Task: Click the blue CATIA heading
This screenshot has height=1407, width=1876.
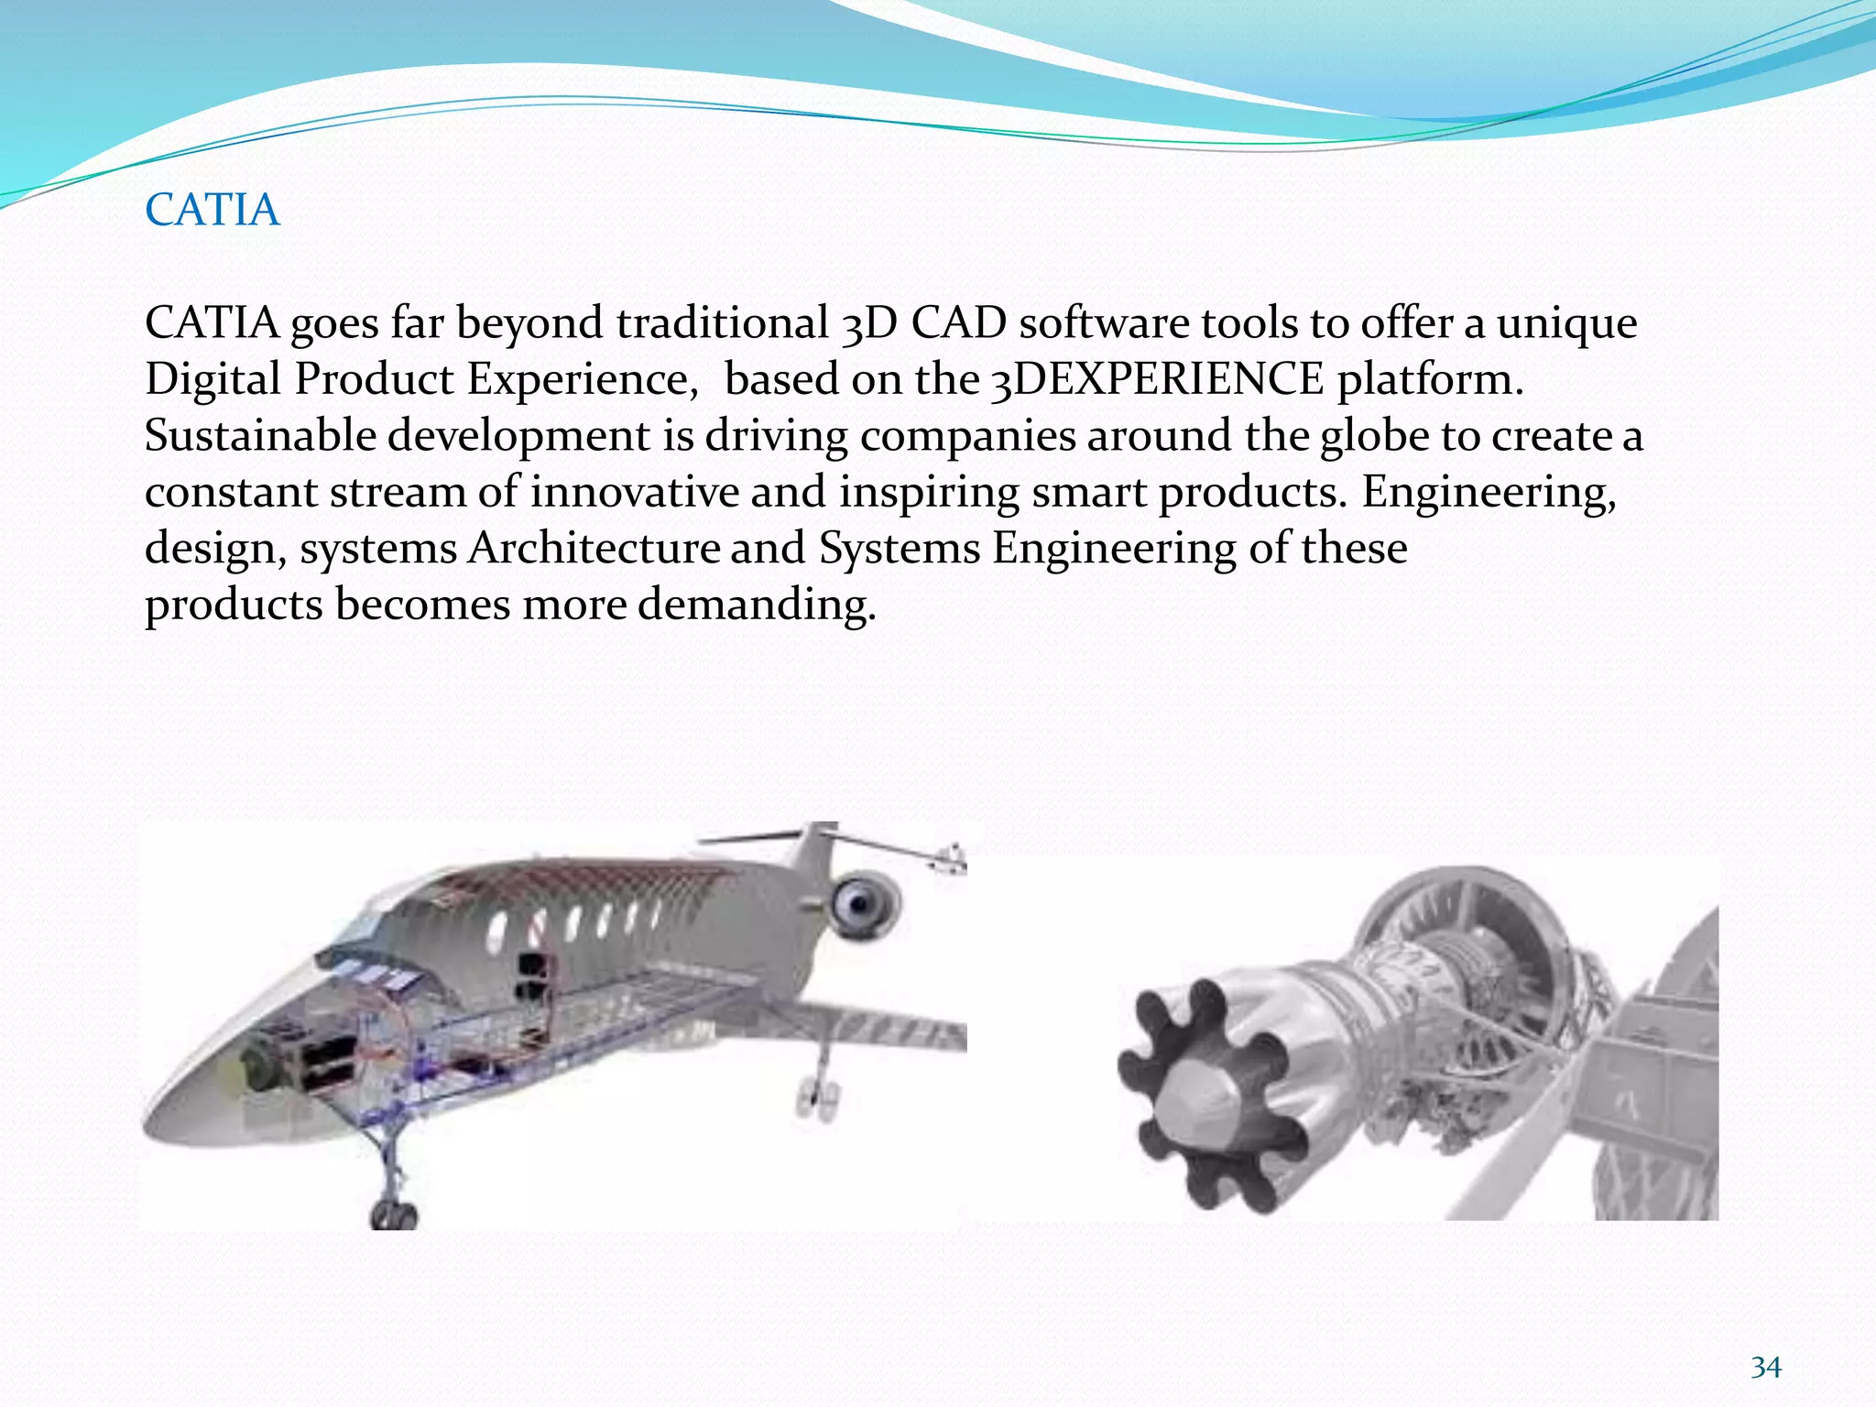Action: (212, 210)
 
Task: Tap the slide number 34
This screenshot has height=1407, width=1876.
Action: (1765, 1368)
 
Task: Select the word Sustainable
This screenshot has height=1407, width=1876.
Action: (260, 436)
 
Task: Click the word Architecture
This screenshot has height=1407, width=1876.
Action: (594, 549)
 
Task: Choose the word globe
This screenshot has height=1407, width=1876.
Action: (1374, 436)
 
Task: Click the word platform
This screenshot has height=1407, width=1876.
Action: (1429, 379)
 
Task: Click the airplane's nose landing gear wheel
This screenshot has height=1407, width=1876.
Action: (394, 1215)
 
